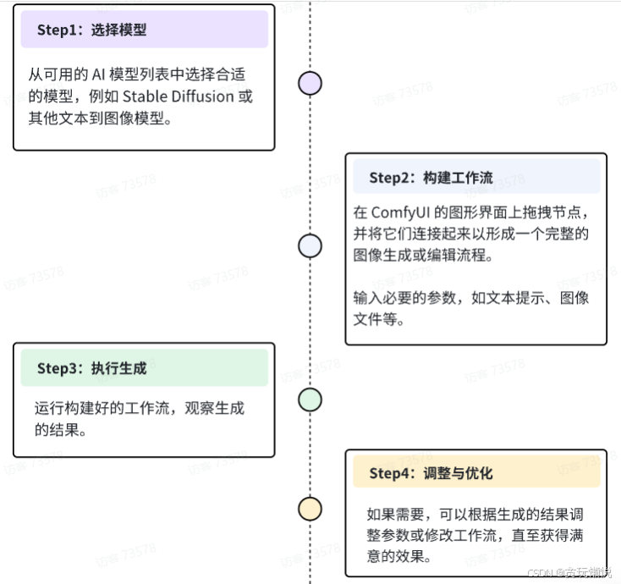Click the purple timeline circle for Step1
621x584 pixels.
pos(310,83)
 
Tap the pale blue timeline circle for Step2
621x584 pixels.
pos(310,245)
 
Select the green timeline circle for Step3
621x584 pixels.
pos(310,400)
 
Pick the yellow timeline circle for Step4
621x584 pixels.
pos(310,509)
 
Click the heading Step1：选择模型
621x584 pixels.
pos(91,30)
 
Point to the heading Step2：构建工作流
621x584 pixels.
pos(431,178)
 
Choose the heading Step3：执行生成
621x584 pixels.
pos(91,368)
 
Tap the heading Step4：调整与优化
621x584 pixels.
pos(431,473)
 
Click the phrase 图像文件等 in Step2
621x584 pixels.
pos(387,319)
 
